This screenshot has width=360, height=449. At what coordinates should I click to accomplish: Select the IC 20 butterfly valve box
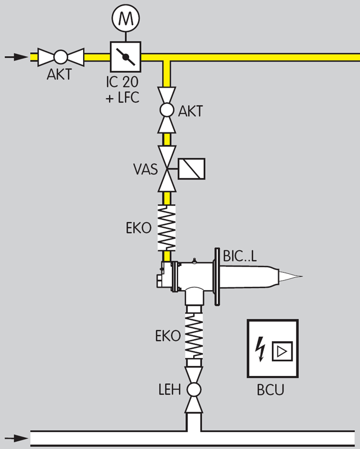[125, 56]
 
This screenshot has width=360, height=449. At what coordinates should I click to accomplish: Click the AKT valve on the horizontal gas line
[60, 56]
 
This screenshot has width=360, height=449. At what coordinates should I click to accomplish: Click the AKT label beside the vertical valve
[190, 111]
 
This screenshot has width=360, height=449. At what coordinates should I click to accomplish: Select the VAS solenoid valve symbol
[166, 168]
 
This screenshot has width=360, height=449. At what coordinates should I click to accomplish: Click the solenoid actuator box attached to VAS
[192, 168]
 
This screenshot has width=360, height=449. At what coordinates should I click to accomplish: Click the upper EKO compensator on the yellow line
[166, 227]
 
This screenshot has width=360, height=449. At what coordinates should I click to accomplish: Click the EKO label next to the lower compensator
[167, 336]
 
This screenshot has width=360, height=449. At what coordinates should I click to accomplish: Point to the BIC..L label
[240, 256]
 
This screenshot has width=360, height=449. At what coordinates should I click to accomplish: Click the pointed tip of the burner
[295, 276]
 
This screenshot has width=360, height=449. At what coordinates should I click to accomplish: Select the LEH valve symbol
[193, 389]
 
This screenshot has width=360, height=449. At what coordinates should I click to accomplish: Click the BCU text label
[272, 390]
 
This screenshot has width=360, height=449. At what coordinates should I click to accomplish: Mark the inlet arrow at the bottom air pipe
[17, 437]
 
